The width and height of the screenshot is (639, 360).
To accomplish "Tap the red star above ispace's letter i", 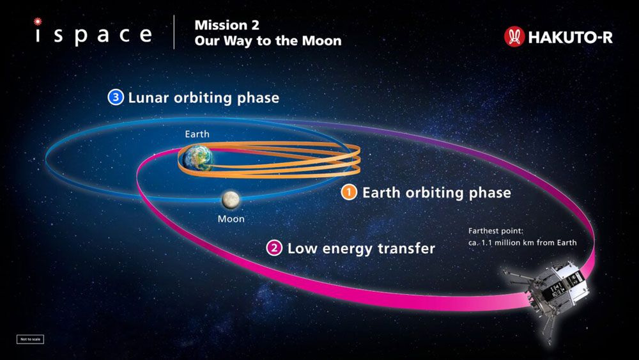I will click(38, 21).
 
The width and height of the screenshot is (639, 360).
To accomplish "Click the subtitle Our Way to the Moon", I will click(268, 41).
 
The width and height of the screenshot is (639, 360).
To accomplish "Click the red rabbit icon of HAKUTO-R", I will click(514, 36).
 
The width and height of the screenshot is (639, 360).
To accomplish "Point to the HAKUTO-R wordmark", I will click(570, 37).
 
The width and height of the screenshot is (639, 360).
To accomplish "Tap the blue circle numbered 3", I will click(115, 98).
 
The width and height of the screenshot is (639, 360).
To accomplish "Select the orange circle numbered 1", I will click(348, 192).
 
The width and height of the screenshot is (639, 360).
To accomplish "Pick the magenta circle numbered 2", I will click(274, 248).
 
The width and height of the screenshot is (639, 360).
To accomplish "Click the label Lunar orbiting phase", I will click(203, 98).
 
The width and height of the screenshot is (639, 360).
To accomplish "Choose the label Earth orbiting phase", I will click(436, 192).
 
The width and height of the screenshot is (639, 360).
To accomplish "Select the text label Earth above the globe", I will click(197, 134).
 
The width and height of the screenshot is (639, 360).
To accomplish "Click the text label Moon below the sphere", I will click(231, 219).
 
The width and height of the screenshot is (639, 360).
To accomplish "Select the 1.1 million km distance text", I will click(522, 242).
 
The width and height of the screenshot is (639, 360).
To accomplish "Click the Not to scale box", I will click(30, 339).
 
